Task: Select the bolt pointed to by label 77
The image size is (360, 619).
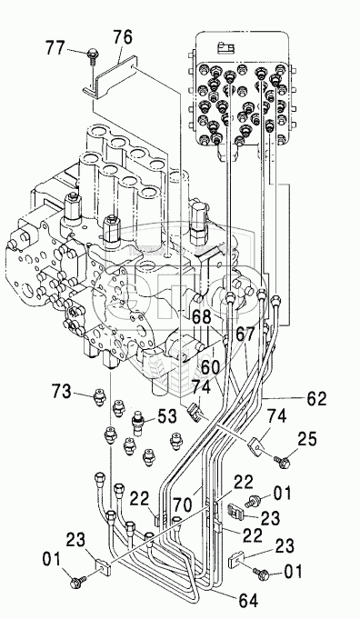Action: coord(92,55)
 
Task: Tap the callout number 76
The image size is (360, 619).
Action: coord(123,38)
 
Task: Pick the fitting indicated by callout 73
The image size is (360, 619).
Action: coord(99,396)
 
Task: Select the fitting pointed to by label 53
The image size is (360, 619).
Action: coord(137,424)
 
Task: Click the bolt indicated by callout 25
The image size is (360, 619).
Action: coord(281,461)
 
